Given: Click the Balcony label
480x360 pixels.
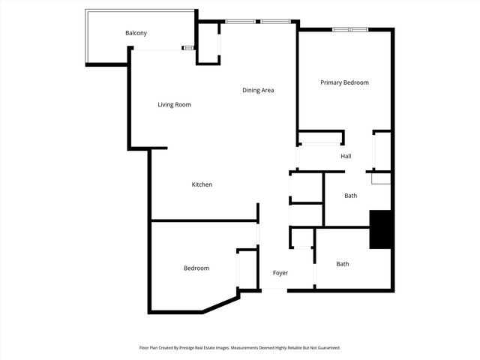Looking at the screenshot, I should point(136,33).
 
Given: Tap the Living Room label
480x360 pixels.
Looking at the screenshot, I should point(174,105).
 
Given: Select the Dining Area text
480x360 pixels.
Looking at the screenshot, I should point(258,91).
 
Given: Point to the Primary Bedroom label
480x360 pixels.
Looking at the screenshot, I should point(344,82).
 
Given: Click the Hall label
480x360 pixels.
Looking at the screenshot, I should point(346,156).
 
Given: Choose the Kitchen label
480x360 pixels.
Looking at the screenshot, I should point(202,184).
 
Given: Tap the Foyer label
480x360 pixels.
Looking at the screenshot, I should point(280,272).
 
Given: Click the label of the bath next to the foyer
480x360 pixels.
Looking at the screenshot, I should point(342,264).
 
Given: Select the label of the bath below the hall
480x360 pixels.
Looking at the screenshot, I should point(350,196).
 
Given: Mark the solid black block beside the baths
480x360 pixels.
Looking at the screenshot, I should point(381,229).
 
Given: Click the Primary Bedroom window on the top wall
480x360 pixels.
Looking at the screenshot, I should point(350,29).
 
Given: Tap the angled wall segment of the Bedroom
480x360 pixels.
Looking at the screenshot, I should point(220,304).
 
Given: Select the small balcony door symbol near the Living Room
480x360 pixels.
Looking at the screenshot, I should point(188,49).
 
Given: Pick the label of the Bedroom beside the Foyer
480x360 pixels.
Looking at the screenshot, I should point(196,268).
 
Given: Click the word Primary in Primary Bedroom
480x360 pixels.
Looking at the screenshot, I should point(332,82).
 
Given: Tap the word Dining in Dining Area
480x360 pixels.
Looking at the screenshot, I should point(251,91).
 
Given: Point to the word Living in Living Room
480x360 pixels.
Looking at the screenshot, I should point(166,105).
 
